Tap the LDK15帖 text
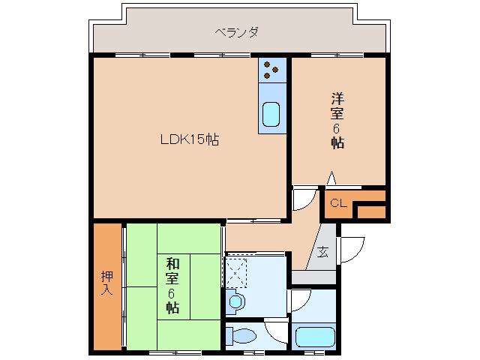(189, 139)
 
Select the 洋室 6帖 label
(338, 120)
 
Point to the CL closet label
(338, 203)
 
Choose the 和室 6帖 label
(172, 285)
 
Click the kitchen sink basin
(271, 116)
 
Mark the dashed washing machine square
(238, 270)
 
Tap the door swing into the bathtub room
(300, 301)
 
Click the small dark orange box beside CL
(370, 211)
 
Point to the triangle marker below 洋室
(331, 178)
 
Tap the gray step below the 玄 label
(313, 277)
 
